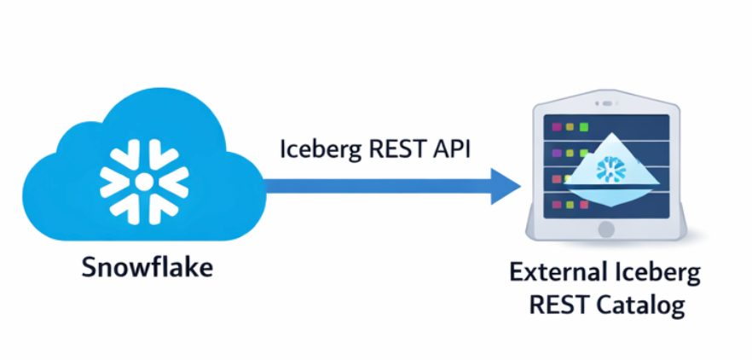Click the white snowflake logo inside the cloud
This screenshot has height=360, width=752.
tap(144, 181)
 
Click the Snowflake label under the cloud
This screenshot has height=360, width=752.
tap(147, 267)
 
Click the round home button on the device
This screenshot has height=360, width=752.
tap(606, 229)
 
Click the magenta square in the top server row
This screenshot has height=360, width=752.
tap(557, 127)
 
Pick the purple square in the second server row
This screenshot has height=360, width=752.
tap(557, 154)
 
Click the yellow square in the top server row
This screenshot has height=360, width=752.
tap(570, 127)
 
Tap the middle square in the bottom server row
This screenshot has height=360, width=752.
tap(570, 204)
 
